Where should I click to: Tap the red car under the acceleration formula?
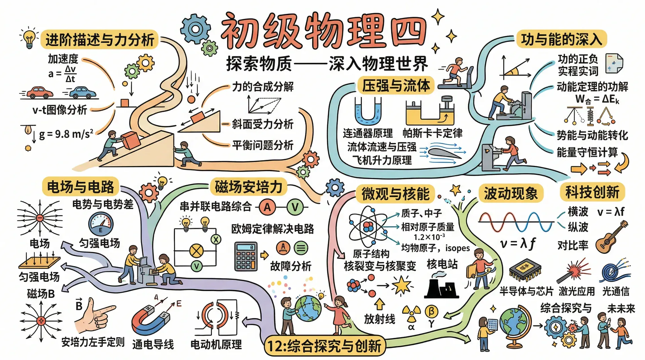tap(40, 92)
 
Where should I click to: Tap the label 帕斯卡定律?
tap(432, 133)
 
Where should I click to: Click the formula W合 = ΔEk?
tap(597, 99)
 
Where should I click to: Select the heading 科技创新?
tap(592, 192)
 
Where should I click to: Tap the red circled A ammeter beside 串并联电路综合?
tap(267, 207)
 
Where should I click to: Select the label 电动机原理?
tap(216, 344)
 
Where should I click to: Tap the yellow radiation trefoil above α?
tap(411, 313)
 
